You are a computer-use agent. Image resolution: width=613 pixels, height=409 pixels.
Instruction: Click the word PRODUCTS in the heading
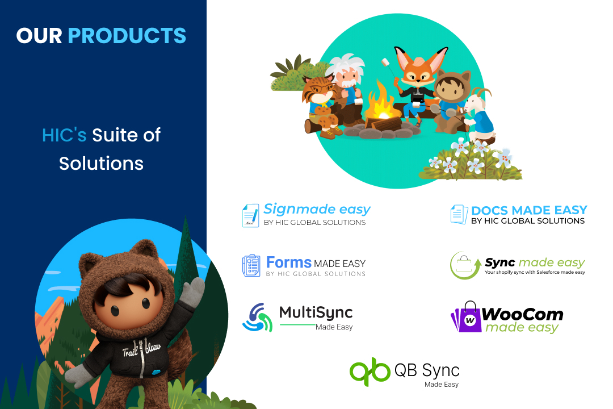tap(127, 36)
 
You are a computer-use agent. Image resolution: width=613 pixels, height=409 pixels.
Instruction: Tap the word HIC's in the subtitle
tap(64, 135)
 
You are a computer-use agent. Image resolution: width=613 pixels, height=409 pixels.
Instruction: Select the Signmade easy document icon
tap(251, 215)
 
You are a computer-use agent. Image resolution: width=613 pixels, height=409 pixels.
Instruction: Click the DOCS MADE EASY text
tap(529, 210)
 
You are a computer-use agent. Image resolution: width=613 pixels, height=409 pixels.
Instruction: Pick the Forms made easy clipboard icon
tap(251, 265)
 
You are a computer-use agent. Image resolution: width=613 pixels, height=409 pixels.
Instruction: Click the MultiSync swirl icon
tap(257, 318)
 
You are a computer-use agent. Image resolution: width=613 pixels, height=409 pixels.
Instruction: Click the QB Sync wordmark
tap(427, 370)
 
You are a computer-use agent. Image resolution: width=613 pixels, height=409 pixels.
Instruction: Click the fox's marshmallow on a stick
tap(386, 62)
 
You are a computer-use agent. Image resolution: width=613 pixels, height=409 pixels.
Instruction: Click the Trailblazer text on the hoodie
tap(141, 349)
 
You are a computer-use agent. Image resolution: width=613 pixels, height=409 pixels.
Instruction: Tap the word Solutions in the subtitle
tap(101, 163)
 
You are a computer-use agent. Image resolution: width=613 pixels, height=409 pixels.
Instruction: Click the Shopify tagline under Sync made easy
tap(535, 272)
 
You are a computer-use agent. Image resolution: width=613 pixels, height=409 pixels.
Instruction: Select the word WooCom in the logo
tap(522, 314)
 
